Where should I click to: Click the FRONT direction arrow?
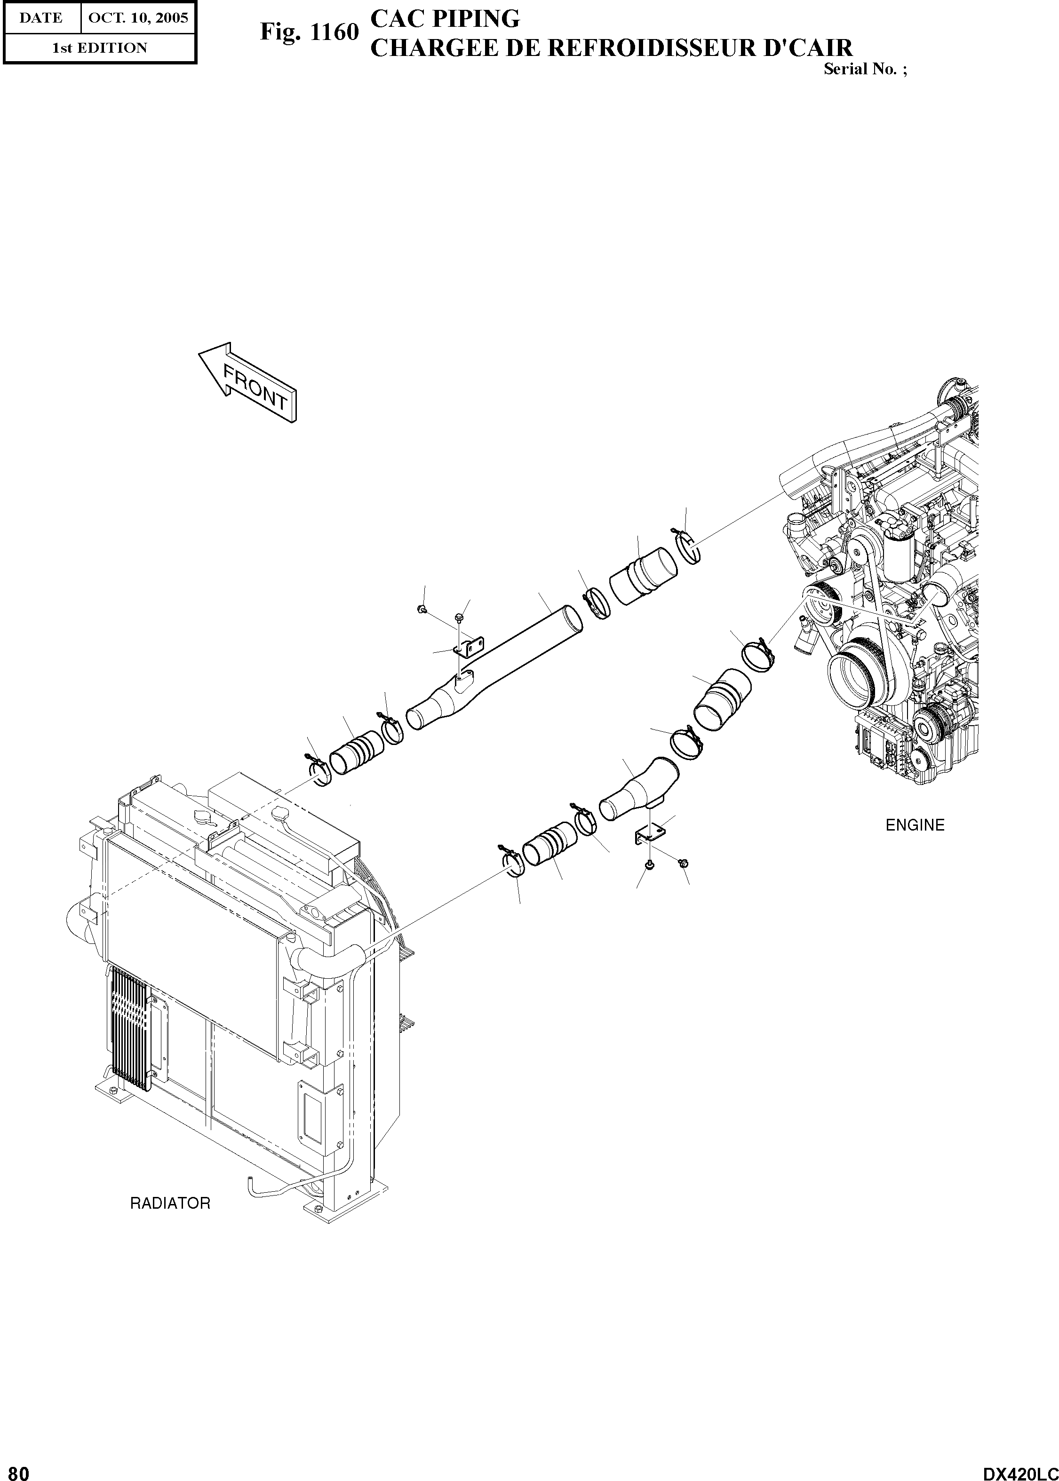pos(248,385)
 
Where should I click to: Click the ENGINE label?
pos(914,825)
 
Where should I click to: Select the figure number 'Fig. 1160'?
pos(309,32)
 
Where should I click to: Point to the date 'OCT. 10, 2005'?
pos(137,17)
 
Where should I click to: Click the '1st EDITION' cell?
pos(100,48)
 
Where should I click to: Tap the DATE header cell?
pos(41,17)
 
